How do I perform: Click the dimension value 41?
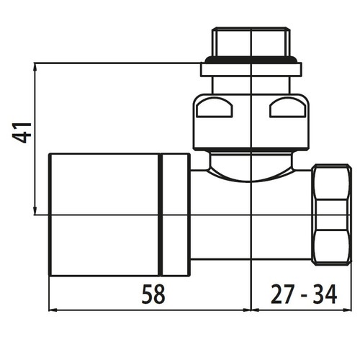(22, 132)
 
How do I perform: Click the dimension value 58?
(153, 294)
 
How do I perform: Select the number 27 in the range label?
(282, 294)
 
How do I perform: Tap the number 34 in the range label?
(325, 294)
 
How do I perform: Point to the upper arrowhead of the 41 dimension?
(35, 67)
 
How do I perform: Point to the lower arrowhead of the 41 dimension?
(35, 211)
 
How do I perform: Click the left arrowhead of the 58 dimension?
(53, 310)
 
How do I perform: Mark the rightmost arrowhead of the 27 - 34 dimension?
(347, 310)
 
